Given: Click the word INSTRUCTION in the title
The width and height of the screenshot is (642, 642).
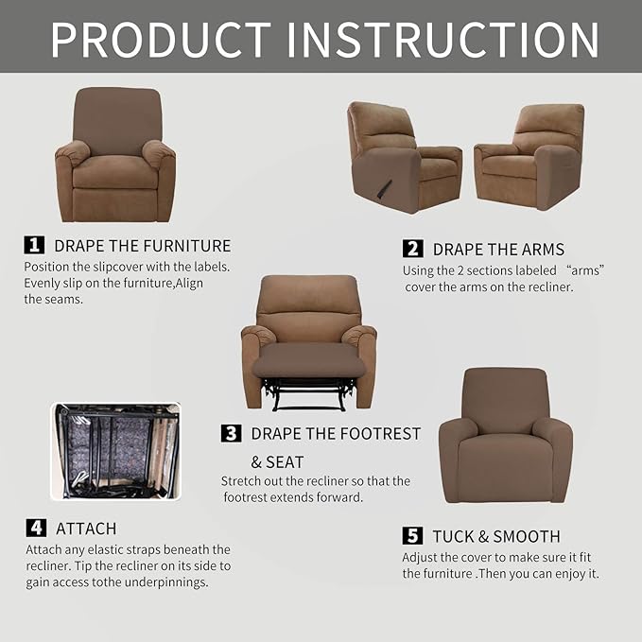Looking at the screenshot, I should tap(442, 39).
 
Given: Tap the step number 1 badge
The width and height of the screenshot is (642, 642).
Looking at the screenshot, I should tap(34, 245).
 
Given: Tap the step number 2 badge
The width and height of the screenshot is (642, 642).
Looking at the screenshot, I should tap(412, 249).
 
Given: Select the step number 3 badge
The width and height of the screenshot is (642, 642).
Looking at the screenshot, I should tap(231, 433).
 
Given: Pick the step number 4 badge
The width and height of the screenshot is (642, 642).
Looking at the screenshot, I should tap(35, 528).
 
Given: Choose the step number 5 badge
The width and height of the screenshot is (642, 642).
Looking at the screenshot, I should tap(412, 536).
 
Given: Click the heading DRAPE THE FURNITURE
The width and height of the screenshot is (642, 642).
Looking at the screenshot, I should tap(142, 246).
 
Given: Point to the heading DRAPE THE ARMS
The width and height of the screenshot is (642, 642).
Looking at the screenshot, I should tap(498, 250).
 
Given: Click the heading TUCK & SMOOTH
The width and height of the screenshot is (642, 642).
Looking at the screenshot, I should tap(496, 536).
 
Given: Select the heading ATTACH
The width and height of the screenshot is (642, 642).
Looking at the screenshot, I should tap(86, 529).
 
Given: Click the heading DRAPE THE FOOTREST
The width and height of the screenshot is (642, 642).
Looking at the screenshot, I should tap(336, 434).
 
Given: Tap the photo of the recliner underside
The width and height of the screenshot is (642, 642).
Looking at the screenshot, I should tap(115, 451).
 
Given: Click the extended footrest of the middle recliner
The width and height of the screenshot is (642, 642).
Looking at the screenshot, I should tap(309, 360).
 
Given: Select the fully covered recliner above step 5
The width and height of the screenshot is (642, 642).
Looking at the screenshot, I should tap(505, 434).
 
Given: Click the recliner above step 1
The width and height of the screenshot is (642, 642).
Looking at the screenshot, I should tap(115, 156).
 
